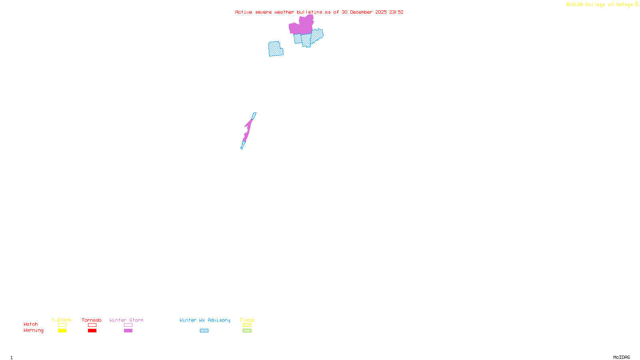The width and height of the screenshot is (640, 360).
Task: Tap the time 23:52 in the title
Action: (396, 12)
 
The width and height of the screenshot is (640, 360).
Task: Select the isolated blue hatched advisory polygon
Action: (275, 49)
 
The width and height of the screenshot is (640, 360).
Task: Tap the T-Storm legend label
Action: (62, 320)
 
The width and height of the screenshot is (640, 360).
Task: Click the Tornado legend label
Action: (92, 320)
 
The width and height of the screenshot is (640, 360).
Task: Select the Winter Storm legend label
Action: (126, 320)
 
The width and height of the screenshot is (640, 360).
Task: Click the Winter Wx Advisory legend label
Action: (205, 320)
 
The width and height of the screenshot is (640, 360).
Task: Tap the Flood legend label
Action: (247, 320)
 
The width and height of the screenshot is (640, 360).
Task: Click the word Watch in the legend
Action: (31, 324)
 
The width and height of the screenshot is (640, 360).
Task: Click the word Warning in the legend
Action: (34, 330)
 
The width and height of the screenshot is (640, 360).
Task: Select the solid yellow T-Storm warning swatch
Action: (62, 331)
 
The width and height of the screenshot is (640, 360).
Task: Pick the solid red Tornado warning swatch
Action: (92, 331)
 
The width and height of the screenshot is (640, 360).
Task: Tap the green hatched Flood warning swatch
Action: (247, 331)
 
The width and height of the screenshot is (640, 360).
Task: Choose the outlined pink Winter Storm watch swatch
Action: (128, 325)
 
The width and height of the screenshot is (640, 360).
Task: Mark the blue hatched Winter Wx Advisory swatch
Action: (204, 331)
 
